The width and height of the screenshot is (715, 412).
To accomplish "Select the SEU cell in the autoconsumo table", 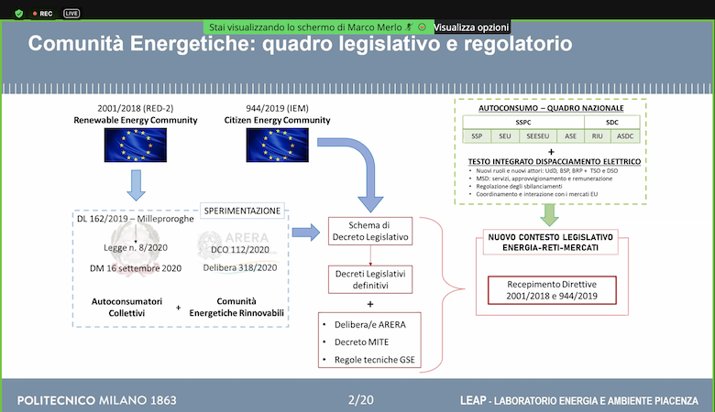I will coord(504,136).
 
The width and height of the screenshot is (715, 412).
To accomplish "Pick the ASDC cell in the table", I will coord(626,136).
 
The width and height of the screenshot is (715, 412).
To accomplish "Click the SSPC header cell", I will coord(522,122).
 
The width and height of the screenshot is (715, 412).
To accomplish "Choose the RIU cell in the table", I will coord(598,136).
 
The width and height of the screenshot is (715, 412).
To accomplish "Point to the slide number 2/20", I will coord(361,400).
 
